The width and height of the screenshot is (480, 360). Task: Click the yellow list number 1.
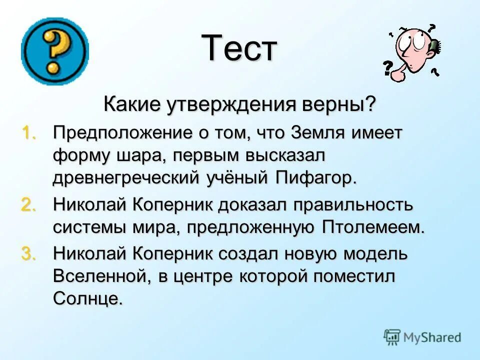point(29,133)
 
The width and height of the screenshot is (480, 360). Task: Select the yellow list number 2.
point(28,205)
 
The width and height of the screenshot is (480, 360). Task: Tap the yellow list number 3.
point(28,254)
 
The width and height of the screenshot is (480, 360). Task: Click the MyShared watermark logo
point(422,337)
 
